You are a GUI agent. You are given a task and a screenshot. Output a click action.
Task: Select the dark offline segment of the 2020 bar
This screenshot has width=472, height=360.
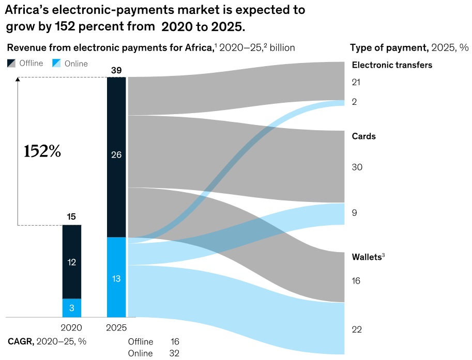(72, 262)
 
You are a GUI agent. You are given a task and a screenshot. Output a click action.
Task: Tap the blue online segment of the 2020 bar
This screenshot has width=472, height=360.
(72, 308)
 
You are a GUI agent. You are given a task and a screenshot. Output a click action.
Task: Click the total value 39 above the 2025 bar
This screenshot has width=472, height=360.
(116, 70)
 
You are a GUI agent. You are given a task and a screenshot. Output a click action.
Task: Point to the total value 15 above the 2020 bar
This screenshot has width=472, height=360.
(72, 217)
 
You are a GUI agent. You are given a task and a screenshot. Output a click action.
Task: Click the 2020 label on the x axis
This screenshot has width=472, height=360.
(71, 327)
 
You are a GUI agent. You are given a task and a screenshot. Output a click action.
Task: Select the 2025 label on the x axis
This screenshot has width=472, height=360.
(116, 327)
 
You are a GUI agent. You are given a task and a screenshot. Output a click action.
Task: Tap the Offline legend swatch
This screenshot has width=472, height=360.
(12, 63)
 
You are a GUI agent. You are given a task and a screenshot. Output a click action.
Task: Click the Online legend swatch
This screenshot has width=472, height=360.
(57, 63)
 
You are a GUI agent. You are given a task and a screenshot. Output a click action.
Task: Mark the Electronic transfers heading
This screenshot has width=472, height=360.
(392, 65)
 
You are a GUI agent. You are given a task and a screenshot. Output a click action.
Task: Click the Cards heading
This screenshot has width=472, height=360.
(364, 136)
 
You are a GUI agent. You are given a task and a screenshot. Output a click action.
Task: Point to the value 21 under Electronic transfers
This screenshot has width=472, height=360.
(356, 82)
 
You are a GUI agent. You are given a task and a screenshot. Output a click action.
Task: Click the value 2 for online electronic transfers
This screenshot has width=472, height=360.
(354, 102)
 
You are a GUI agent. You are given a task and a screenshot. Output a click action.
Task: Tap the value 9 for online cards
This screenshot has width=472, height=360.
(354, 213)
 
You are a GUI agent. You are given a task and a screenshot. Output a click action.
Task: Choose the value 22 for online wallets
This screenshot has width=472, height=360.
(357, 330)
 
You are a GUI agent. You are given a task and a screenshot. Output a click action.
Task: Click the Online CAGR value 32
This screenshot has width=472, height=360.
(174, 353)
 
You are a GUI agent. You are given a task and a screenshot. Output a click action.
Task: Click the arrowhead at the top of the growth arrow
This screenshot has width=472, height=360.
(18, 79)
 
